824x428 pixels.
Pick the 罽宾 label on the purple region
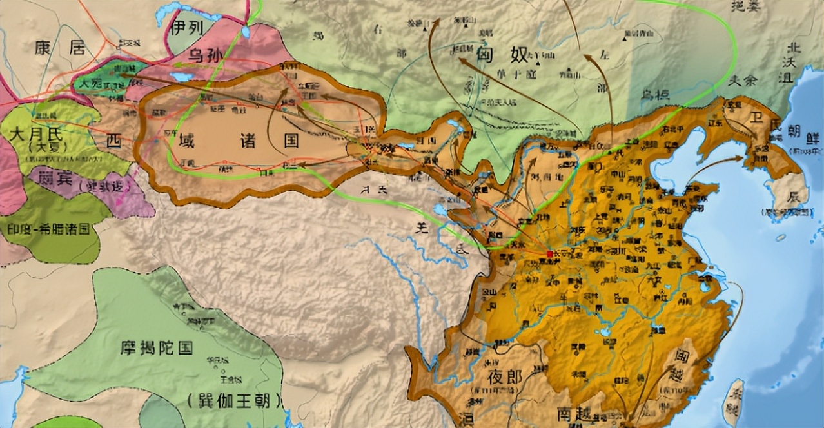55,178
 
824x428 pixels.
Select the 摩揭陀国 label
156,349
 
